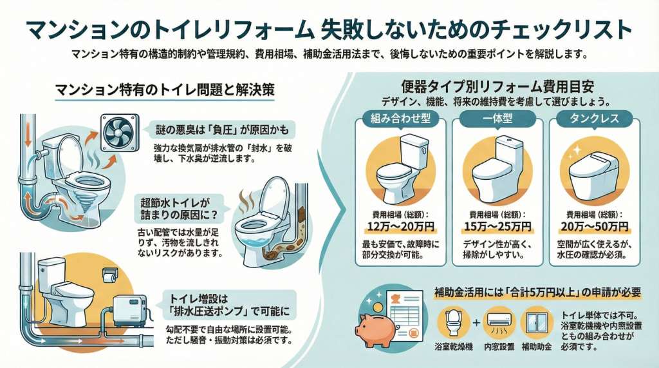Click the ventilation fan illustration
click(x=120, y=133)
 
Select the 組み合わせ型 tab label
click(x=400, y=119)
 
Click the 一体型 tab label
click(x=497, y=119)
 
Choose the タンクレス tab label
click(x=594, y=119)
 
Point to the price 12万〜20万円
click(x=400, y=227)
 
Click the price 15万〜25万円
click(x=497, y=227)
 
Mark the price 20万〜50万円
click(x=594, y=227)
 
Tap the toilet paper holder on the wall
click(x=110, y=276)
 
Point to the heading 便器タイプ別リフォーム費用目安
click(x=497, y=87)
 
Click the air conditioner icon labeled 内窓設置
click(x=499, y=323)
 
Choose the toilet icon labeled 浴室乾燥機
click(x=453, y=323)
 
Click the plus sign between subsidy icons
click(x=476, y=323)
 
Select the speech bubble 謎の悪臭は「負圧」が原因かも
click(x=222, y=130)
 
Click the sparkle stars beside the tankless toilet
click(x=575, y=152)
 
